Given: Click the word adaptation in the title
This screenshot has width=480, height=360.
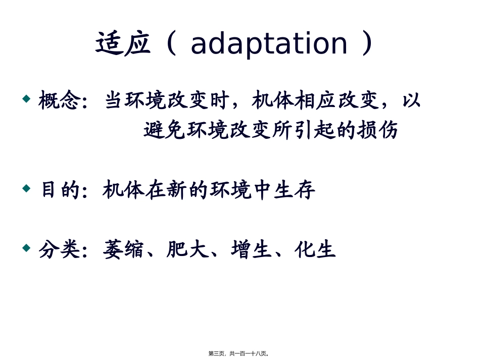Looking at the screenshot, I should coord(269,44).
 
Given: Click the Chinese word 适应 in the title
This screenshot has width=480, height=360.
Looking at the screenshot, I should coord(123,44).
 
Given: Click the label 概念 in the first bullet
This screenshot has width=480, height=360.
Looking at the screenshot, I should coord(59,100).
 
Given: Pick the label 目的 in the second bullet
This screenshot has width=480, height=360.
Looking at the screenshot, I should coord(59,190).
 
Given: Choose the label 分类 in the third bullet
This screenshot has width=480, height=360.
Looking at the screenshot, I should coord(59,250).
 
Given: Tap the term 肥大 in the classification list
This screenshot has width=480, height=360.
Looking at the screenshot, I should coord(188,250).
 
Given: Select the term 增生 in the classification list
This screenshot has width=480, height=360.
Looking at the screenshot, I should coord(252,250).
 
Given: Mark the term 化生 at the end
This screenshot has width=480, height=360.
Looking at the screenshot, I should coord(316,250).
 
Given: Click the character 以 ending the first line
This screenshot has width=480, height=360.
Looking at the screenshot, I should coord(411,100).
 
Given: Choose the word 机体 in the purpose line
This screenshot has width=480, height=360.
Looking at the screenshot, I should coord(124,190).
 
